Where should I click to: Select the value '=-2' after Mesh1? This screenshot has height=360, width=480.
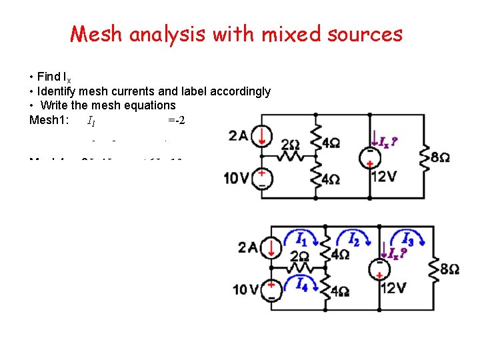[176, 121]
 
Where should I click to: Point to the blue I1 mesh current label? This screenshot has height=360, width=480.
[301, 238]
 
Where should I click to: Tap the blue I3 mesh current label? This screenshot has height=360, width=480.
[407, 239]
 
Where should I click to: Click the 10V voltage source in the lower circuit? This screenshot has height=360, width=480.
[271, 289]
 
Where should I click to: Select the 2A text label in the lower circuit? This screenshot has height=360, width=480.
[248, 248]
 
